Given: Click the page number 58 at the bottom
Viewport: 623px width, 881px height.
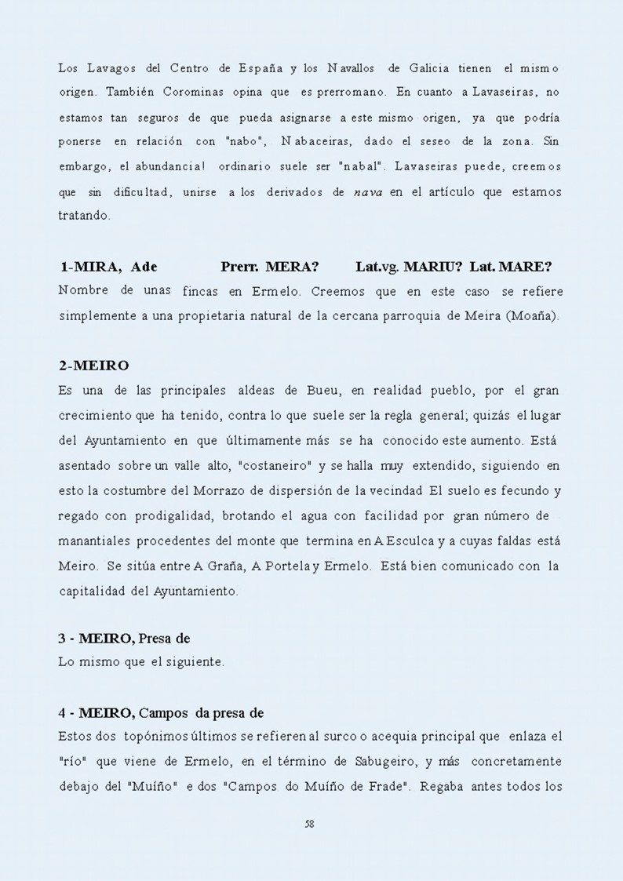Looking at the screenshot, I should click(x=309, y=823).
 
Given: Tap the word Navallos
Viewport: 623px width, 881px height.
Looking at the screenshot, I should click(x=352, y=68).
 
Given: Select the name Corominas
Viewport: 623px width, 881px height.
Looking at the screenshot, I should click(x=192, y=93).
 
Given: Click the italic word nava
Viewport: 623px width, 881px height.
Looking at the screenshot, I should click(x=368, y=192).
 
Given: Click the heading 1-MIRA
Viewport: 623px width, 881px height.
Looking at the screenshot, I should click(x=90, y=267).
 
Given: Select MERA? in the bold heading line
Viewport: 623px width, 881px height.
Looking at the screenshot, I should click(x=291, y=267).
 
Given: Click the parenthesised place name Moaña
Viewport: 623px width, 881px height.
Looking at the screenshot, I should click(x=535, y=316).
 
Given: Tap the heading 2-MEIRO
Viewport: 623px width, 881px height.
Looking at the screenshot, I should click(x=93, y=366).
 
